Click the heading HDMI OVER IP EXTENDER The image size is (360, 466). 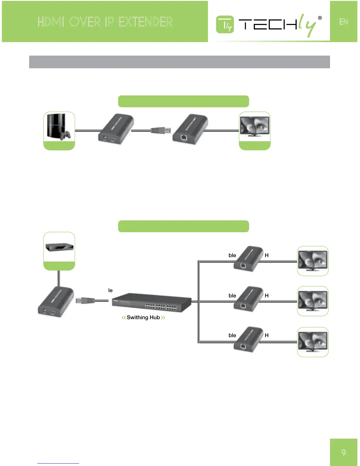click(x=105, y=22)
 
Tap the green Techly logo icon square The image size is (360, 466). click(x=225, y=25)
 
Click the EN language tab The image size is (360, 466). click(x=344, y=22)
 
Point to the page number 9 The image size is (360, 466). click(x=344, y=452)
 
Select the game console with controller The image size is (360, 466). click(x=59, y=127)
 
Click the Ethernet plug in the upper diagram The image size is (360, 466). click(x=161, y=130)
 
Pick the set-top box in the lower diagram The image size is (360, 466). click(x=59, y=247)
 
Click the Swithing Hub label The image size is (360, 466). click(x=143, y=317)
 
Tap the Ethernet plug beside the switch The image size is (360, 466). click(x=85, y=301)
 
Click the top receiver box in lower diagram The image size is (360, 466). click(x=249, y=259)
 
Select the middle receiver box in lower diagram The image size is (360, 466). click(x=249, y=299)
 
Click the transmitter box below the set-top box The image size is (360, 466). click(x=56, y=302)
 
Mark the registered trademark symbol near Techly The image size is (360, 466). click(x=320, y=18)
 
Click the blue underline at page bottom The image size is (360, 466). click(x=58, y=463)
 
